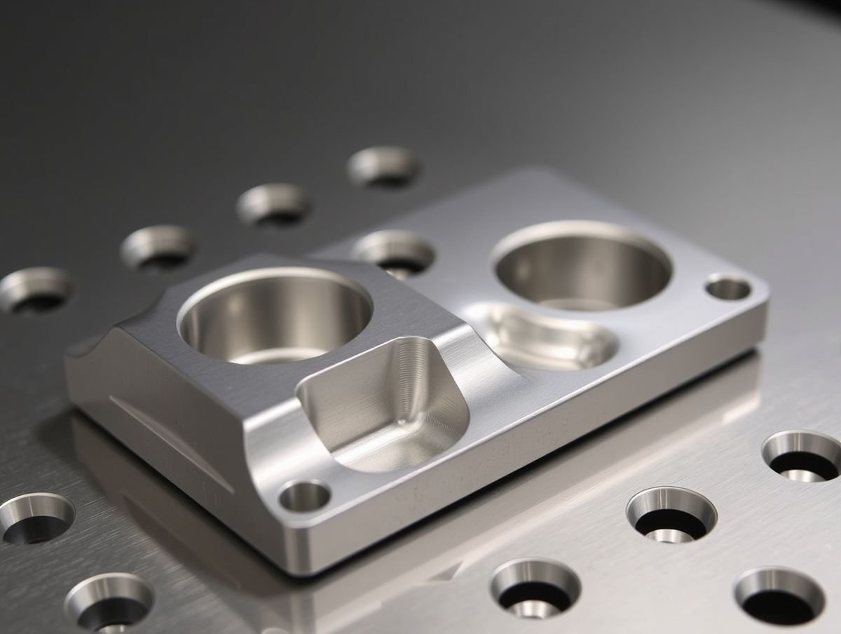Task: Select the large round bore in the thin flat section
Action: pyautogui.click(x=582, y=267)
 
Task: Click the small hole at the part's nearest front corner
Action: pyautogui.click(x=304, y=496)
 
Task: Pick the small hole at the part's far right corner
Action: pyautogui.click(x=728, y=288)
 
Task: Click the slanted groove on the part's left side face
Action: pyautogui.click(x=168, y=442)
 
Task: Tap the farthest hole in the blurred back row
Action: pyautogui.click(x=384, y=166)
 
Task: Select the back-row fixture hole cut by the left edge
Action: pyautogui.click(x=35, y=289)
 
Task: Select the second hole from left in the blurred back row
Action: pyautogui.click(x=158, y=247)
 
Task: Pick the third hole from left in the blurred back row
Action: pyautogui.click(x=273, y=204)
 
